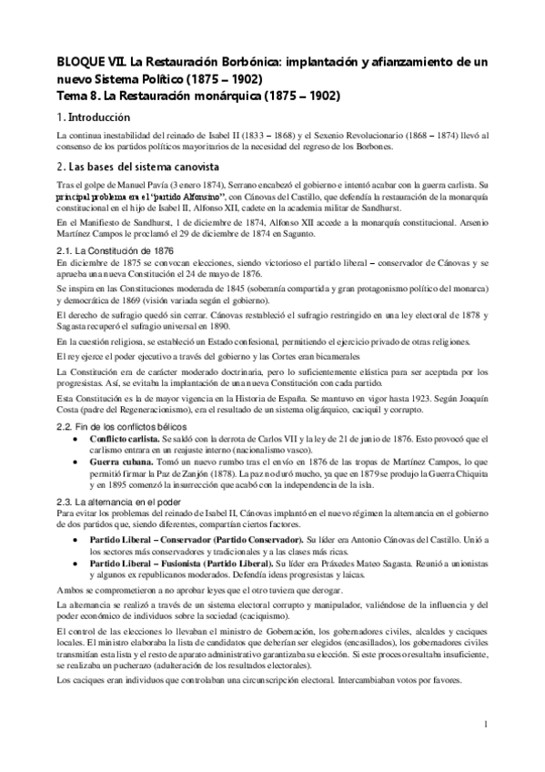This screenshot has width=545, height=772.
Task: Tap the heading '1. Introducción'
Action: (94, 118)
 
